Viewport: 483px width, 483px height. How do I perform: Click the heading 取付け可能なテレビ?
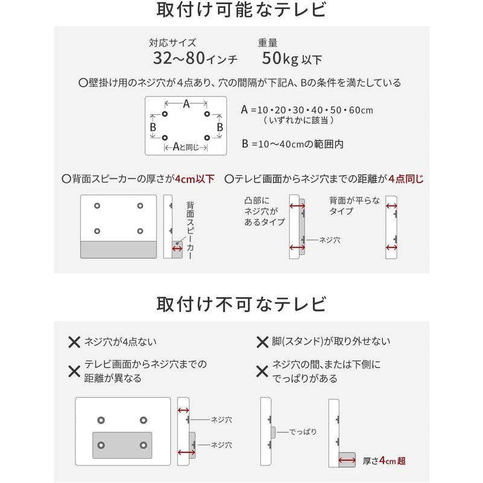(241, 11)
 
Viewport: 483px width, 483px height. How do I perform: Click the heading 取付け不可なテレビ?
(241, 304)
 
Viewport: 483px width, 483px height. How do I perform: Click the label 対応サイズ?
(172, 43)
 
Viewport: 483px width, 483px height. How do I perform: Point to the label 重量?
(267, 43)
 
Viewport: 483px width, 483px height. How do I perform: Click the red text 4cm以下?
(194, 179)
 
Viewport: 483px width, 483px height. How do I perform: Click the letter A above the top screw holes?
(187, 104)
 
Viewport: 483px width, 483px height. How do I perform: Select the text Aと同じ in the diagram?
(187, 147)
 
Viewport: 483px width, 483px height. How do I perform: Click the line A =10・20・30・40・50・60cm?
(307, 110)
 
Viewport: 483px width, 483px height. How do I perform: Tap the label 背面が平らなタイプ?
(354, 206)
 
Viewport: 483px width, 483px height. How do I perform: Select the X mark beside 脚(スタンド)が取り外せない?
(262, 342)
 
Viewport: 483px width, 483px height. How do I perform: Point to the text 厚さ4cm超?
(385, 460)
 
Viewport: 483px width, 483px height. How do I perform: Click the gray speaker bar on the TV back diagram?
(118, 249)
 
